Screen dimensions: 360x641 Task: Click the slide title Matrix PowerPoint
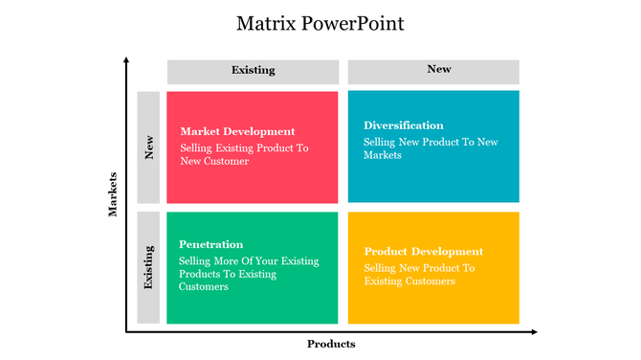coord(320,23)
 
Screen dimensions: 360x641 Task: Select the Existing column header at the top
coord(253,71)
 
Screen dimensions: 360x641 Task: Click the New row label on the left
coord(148,146)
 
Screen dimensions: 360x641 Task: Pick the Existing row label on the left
coord(148,268)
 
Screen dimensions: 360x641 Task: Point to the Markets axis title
coord(113,193)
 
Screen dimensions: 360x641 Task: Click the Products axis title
coord(331,344)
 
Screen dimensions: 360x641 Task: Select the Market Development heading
coord(237,131)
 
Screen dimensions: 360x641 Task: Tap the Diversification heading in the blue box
coord(403,125)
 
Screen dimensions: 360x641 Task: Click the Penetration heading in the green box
coord(210,244)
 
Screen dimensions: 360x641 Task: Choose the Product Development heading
coord(423,252)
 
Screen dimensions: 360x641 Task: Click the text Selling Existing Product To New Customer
coord(244,155)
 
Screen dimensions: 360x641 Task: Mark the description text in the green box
coord(249,274)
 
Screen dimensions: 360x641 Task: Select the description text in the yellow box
coord(419,275)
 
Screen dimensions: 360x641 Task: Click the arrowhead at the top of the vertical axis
coord(125,60)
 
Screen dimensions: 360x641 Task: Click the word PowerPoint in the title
coord(354,23)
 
